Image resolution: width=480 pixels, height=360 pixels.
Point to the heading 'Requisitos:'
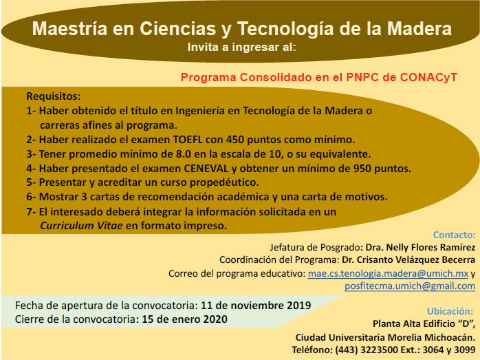[x=53, y=96]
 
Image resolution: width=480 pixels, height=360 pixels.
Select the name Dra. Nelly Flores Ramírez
[x=419, y=246]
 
